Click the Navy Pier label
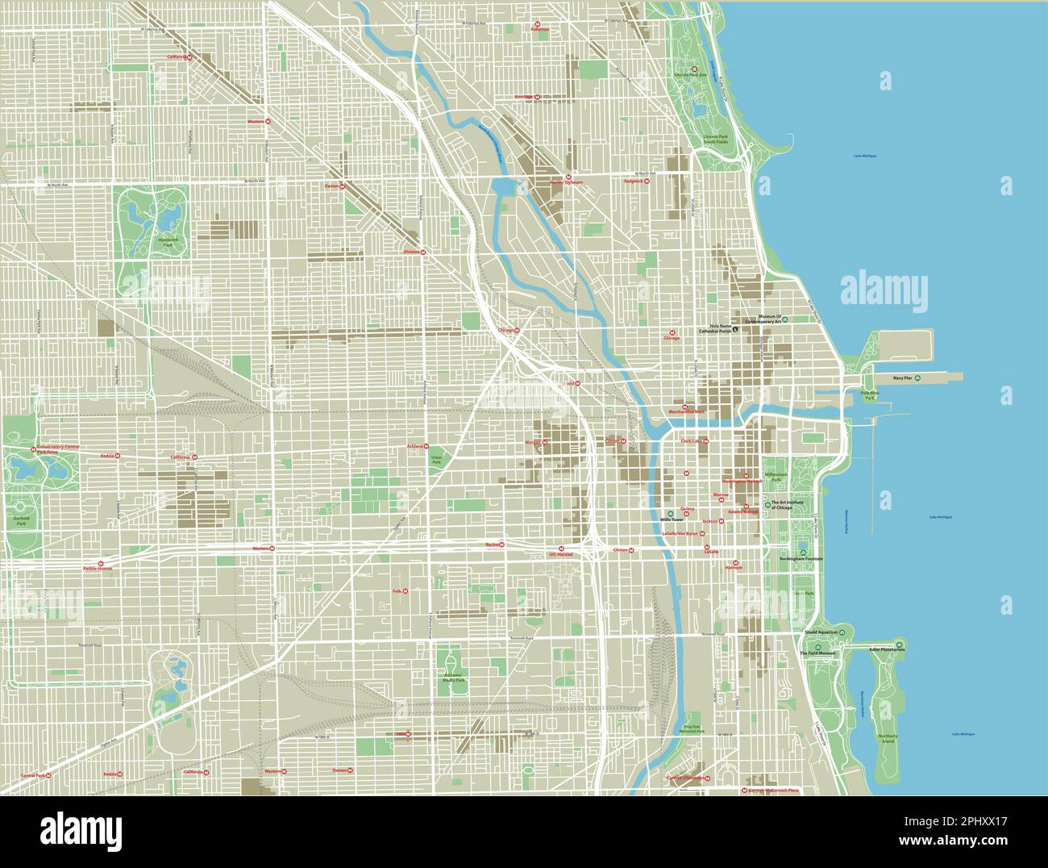[902, 378]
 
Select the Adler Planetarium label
[888, 649]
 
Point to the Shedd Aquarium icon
[842, 632]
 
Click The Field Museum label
[814, 653]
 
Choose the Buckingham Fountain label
[801, 558]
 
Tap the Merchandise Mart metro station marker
[685, 407]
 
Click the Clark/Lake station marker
[706, 441]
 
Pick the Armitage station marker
[538, 97]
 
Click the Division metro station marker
[424, 252]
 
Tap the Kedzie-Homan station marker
[101, 563]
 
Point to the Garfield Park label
[21, 520]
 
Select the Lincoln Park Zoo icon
[694, 69]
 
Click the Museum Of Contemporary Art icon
[784, 319]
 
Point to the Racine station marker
[502, 545]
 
